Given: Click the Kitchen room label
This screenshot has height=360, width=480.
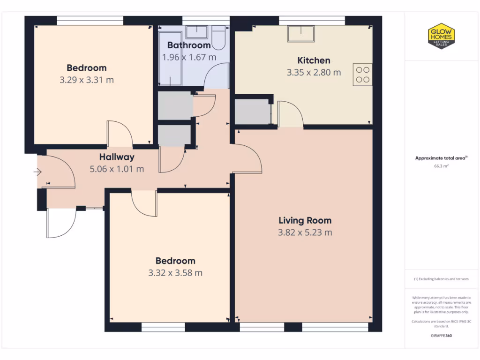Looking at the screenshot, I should pyautogui.click(x=314, y=60).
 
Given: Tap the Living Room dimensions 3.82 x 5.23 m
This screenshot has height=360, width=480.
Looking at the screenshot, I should pyautogui.click(x=305, y=232).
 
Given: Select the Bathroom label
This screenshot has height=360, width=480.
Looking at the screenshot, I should pyautogui.click(x=189, y=45).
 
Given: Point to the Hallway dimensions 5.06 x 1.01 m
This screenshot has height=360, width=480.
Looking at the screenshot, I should pyautogui.click(x=117, y=169).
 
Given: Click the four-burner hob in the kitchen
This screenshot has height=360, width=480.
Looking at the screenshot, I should pyautogui.click(x=362, y=75).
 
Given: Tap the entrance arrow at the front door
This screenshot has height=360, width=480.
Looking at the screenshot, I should pyautogui.click(x=37, y=172).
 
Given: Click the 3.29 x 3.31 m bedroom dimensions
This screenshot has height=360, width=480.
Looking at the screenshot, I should pyautogui.click(x=86, y=80).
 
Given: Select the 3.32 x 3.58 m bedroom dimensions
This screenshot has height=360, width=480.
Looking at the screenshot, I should pyautogui.click(x=175, y=273).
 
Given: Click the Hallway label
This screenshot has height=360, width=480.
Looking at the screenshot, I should pyautogui.click(x=117, y=157).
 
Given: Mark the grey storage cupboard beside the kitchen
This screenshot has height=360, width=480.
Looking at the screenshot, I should pyautogui.click(x=252, y=112).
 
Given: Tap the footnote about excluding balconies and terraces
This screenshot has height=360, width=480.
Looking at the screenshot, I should pyautogui.click(x=441, y=279).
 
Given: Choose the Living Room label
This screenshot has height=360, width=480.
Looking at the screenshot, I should pyautogui.click(x=305, y=220).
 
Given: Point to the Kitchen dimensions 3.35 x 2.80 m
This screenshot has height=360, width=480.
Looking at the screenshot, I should pyautogui.click(x=314, y=73).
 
